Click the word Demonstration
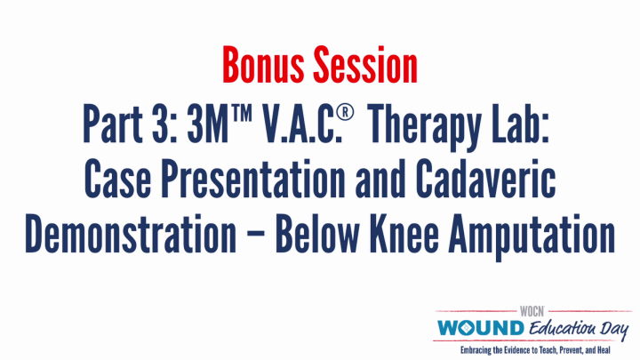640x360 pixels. (x=130, y=235)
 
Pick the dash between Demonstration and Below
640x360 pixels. (x=252, y=236)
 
